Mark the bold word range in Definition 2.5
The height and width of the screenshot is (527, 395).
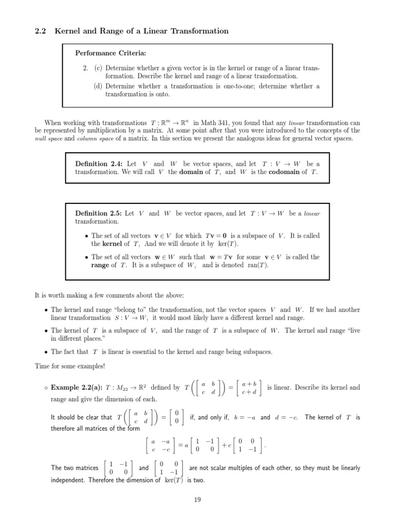(x=100, y=266)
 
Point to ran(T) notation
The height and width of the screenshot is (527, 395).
(x=256, y=266)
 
